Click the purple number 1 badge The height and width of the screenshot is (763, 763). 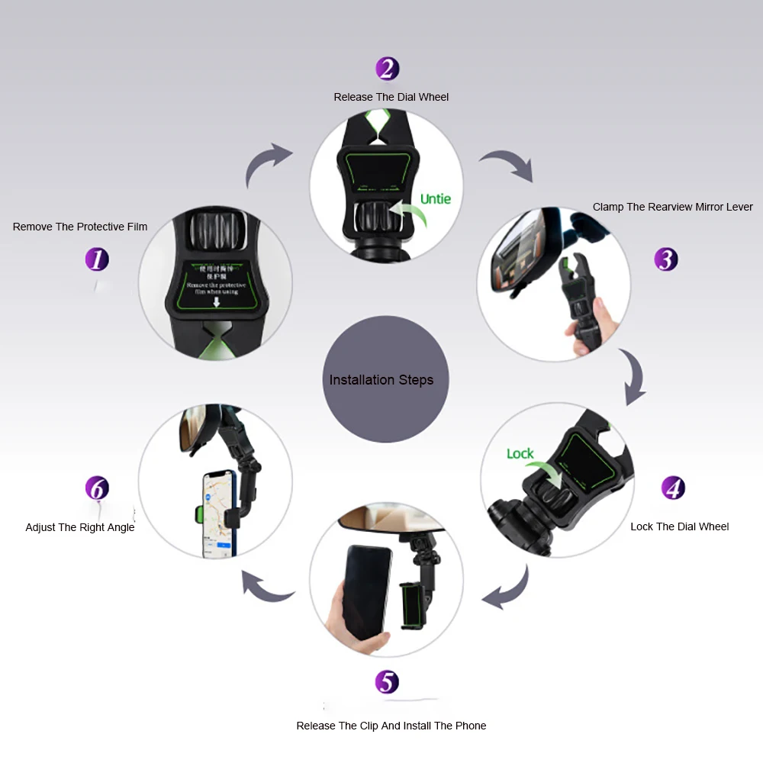click(97, 259)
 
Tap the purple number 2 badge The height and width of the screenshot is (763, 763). click(388, 69)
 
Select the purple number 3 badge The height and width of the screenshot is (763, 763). click(666, 259)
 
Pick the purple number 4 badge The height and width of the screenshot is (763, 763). click(673, 488)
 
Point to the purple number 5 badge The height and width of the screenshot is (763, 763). click(388, 681)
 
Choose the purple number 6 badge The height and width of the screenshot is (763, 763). click(97, 488)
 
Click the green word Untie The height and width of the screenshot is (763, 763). click(436, 199)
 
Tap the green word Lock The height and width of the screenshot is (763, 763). click(520, 454)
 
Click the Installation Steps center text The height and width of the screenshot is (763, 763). click(381, 380)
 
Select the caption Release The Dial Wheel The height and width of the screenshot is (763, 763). click(391, 97)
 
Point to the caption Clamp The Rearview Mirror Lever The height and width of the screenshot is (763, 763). click(672, 207)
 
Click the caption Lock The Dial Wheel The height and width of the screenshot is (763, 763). click(679, 526)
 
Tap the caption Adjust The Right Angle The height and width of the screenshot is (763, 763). click(80, 527)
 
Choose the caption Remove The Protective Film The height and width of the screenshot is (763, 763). click(80, 227)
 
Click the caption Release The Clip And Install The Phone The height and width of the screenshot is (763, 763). click(391, 726)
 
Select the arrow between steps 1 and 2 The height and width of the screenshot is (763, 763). click(267, 164)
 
